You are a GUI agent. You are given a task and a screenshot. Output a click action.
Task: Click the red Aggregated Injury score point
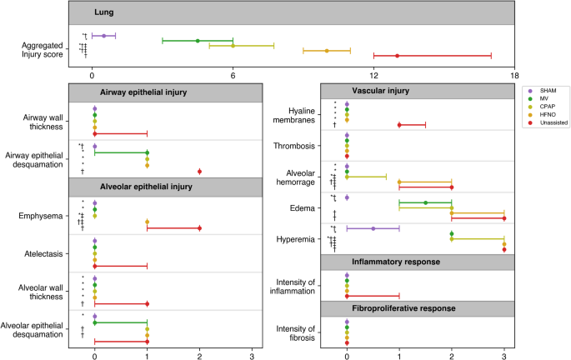point(398,56)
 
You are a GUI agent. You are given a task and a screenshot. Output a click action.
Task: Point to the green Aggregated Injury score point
point(198,41)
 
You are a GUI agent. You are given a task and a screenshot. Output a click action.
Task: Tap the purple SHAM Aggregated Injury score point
point(103,36)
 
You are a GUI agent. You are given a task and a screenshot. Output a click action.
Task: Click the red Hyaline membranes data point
point(399,125)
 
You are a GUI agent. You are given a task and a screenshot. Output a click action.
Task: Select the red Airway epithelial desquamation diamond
point(199,172)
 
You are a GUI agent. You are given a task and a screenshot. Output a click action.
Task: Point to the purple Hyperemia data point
point(373,228)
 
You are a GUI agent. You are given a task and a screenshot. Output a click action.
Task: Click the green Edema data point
point(425,202)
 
